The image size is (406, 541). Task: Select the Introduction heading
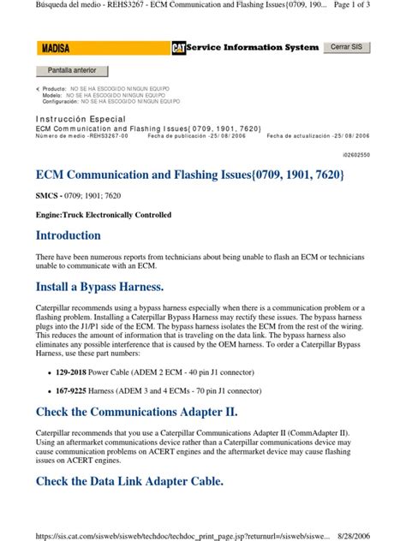69,235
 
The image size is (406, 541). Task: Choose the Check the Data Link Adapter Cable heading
130,481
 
